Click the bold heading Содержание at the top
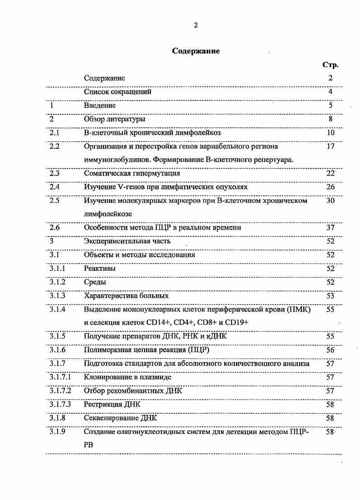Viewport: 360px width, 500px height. click(196, 51)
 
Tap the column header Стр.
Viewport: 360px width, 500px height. click(330, 65)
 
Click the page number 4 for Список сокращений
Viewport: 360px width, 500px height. click(331, 92)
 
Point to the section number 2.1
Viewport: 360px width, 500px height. click(55, 133)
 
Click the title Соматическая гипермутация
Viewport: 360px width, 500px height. click(132, 173)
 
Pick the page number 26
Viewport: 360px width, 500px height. click(331, 187)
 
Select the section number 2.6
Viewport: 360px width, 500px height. click(55, 227)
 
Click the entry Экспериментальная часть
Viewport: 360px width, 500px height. click(127, 241)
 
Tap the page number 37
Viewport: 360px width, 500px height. click(331, 227)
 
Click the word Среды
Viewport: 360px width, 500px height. click(95, 282)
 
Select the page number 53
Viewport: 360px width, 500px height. click(331, 296)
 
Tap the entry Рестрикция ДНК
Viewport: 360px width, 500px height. click(112, 404)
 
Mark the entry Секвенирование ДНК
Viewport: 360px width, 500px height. click(120, 418)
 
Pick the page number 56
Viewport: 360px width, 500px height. click(331, 350)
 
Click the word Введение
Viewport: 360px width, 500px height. click(100, 105)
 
